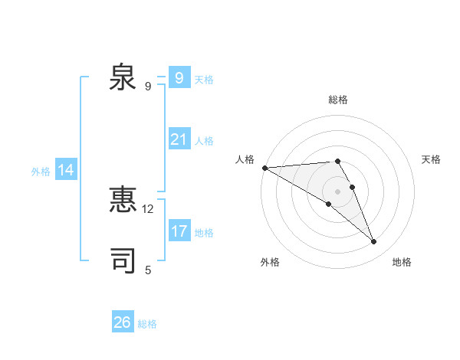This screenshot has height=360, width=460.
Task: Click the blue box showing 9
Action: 179,78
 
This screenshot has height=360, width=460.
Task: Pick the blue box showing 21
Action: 179,139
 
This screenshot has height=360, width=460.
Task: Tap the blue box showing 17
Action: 179,231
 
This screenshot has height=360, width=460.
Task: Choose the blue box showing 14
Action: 66,170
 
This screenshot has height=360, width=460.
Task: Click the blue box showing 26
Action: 122,322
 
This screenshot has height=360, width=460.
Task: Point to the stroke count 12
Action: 148,208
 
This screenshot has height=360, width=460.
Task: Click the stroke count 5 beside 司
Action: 148,270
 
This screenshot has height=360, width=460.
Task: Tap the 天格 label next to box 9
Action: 204,80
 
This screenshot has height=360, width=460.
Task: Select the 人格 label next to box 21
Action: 204,141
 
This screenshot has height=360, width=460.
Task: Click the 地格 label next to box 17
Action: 204,233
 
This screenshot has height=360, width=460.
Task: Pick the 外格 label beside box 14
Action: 41,172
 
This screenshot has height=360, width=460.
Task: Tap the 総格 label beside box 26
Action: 147,324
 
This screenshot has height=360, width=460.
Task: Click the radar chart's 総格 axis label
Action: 337,100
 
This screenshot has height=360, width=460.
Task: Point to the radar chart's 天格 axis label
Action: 431,159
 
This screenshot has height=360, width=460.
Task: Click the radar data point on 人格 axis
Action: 264,168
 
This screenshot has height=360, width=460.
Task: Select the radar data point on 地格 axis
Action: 374,242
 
